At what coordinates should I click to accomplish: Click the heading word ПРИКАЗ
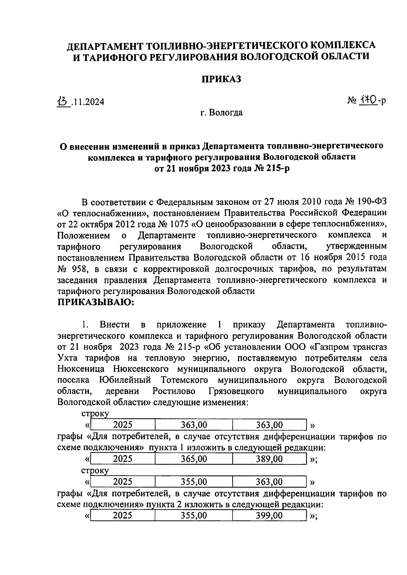tap(221, 79)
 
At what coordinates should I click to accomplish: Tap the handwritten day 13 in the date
tap(63, 101)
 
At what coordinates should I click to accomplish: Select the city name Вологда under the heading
tap(225, 113)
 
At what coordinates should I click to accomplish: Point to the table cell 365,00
tap(194, 459)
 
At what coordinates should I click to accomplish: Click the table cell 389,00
tap(269, 459)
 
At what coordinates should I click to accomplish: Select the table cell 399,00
tap(269, 516)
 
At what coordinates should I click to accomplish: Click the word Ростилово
tap(174, 391)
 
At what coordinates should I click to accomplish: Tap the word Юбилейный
tap(125, 380)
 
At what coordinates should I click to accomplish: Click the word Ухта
tap(67, 358)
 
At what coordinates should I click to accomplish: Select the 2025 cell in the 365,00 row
tap(123, 459)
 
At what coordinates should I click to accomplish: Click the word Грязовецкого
tap(236, 391)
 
